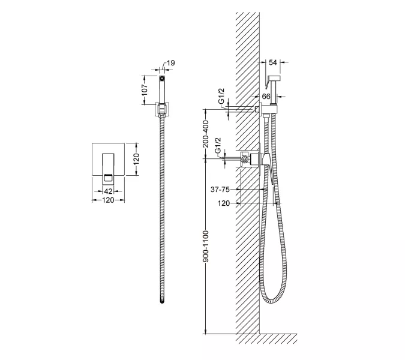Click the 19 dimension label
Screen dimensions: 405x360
tap(171, 63)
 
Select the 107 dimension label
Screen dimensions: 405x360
tap(145, 89)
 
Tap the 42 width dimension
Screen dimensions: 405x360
tap(108, 191)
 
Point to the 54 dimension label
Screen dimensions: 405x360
tap(273, 62)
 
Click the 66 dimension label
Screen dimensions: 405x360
tap(266, 97)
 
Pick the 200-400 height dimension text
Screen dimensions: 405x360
tap(206, 134)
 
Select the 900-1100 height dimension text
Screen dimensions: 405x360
tap(206, 246)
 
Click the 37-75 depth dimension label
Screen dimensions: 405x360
tap(220, 190)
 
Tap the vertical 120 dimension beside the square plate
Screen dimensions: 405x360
tap(137, 159)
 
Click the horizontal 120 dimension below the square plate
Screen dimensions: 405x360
tap(108, 200)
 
